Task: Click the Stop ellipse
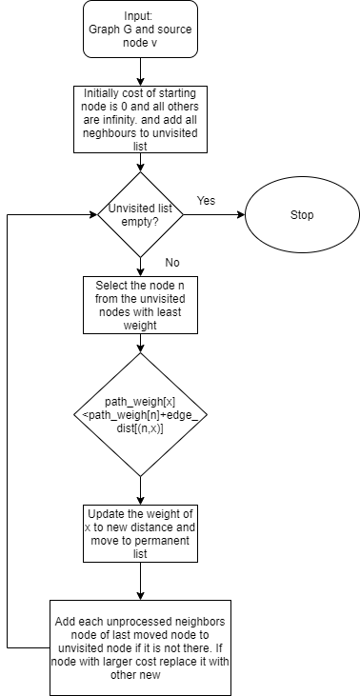[x=301, y=215]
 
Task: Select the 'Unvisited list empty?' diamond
[x=141, y=214]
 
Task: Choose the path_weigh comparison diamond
[x=141, y=415]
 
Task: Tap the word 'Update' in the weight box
[x=105, y=511]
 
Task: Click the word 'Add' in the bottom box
[x=67, y=621]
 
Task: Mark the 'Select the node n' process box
[x=141, y=305]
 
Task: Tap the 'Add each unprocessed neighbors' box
[x=141, y=648]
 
